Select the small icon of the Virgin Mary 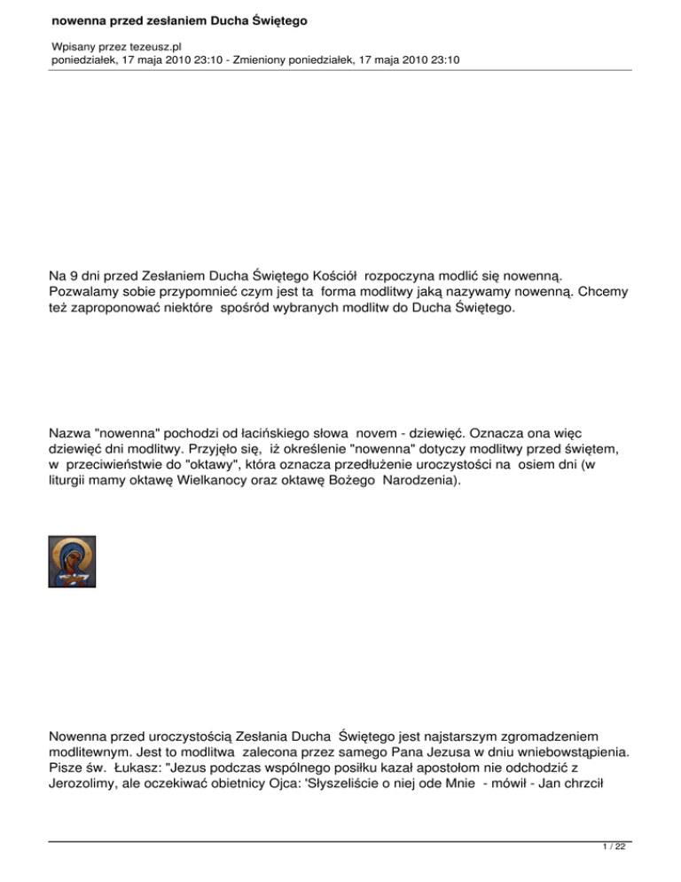(x=72, y=561)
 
